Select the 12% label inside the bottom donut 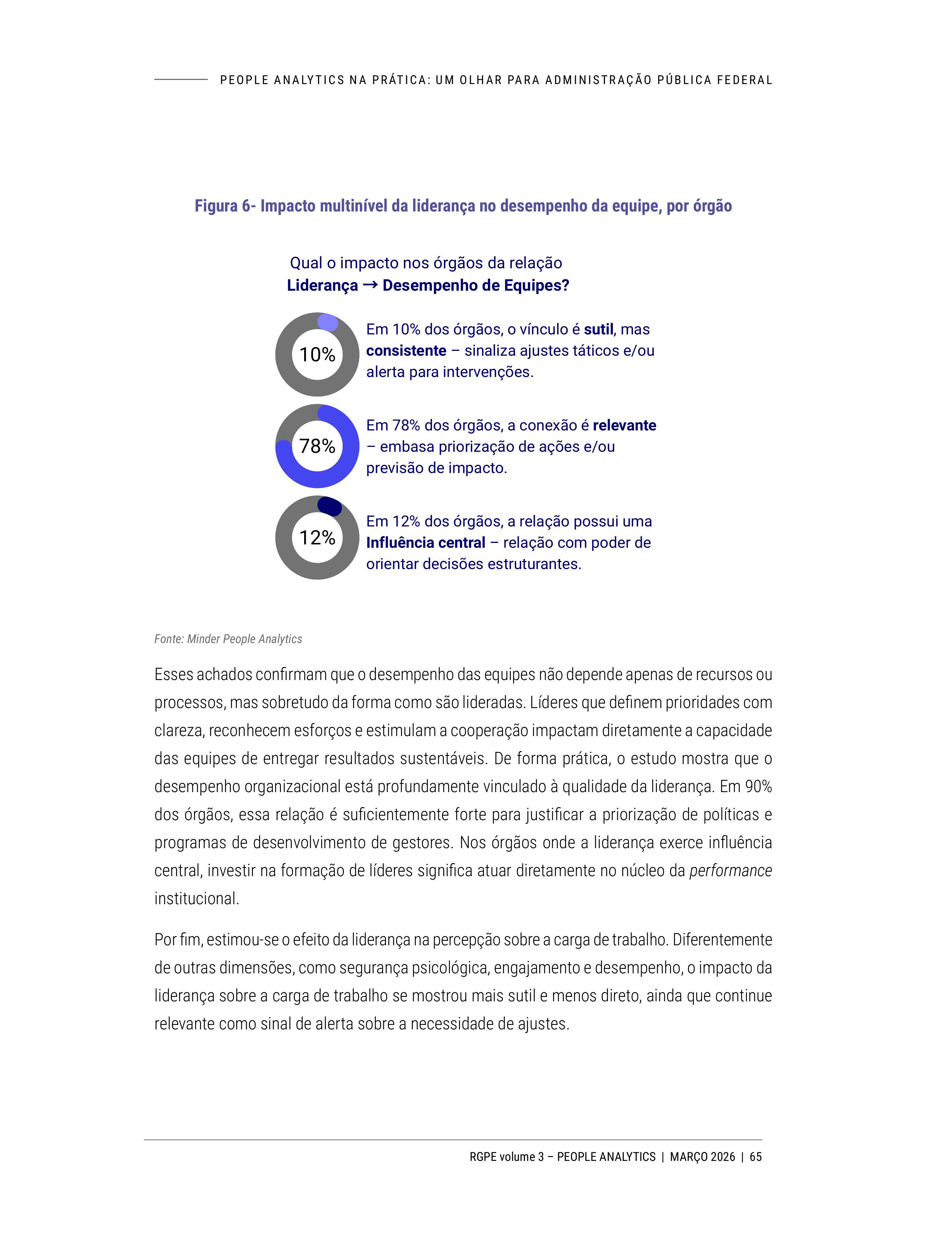(x=317, y=538)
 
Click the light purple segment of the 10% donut (x=328, y=322)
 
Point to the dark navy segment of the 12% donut (x=330, y=506)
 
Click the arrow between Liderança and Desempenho (x=370, y=285)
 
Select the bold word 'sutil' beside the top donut (x=599, y=330)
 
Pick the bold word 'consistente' (x=406, y=351)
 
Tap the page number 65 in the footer (x=755, y=1157)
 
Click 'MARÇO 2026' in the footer (x=702, y=1157)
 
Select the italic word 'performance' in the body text (x=730, y=871)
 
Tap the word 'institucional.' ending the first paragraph (x=197, y=899)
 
